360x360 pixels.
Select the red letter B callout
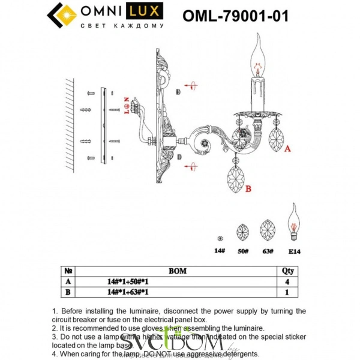247,189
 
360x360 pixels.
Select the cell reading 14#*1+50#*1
128,281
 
